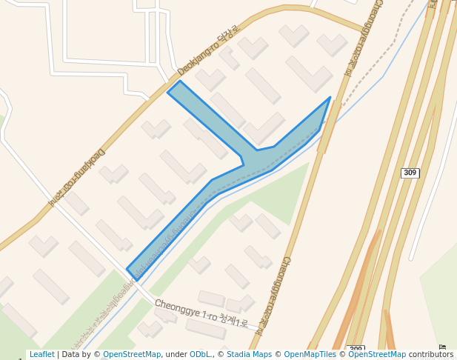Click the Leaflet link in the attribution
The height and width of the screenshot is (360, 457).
(x=41, y=355)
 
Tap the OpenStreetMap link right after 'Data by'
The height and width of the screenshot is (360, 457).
(x=132, y=355)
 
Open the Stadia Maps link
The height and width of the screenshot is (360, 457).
(x=250, y=355)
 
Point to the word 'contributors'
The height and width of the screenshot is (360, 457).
(x=431, y=355)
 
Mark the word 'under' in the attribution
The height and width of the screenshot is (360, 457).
(x=176, y=355)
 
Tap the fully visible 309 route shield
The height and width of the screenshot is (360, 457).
(x=410, y=173)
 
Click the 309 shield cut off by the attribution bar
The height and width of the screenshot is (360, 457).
(x=356, y=348)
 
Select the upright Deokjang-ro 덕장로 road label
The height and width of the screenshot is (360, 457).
(x=208, y=50)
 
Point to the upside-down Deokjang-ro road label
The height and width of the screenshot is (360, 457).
(x=77, y=176)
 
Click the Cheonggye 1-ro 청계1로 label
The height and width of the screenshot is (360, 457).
(x=201, y=313)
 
